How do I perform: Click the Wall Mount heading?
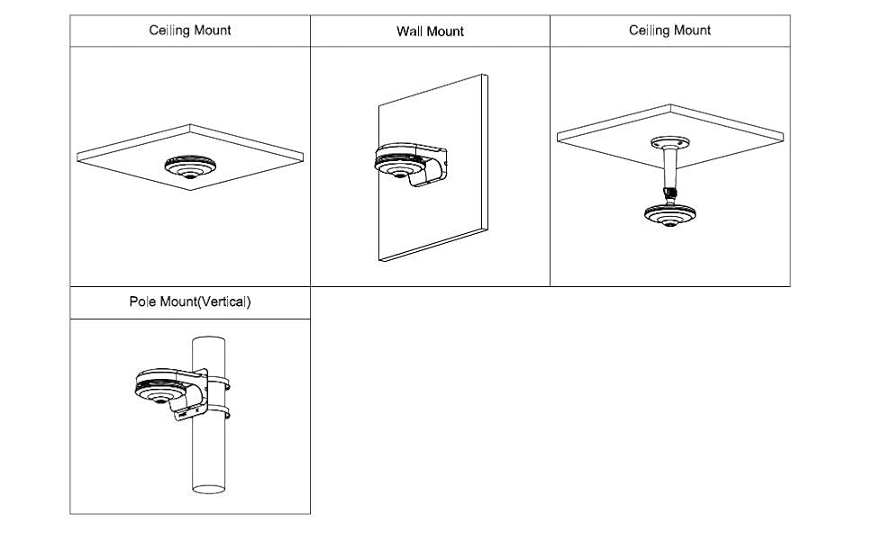tap(430, 31)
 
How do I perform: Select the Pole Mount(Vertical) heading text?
tap(190, 301)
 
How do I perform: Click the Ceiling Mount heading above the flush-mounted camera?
tap(190, 31)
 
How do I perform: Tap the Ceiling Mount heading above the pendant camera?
tap(669, 31)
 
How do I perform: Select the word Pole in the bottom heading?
tap(143, 301)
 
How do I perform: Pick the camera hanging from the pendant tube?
tap(669, 214)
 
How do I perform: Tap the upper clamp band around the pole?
tap(216, 382)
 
